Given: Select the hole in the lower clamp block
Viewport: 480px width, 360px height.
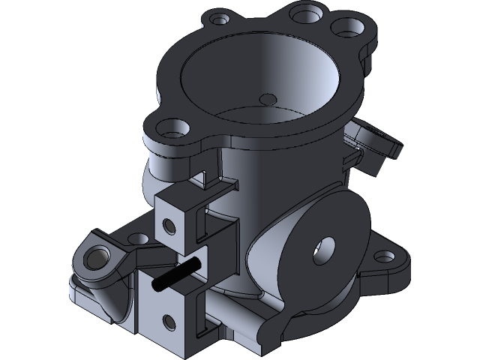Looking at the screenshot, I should [x=166, y=322].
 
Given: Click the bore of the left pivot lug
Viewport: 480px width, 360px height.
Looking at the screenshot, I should [x=96, y=258].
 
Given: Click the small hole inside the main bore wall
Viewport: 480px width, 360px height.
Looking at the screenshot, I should [x=267, y=98].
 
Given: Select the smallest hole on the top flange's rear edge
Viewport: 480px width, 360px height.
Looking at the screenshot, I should [x=218, y=17].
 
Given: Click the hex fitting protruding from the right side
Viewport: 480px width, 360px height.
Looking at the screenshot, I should [x=374, y=142].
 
